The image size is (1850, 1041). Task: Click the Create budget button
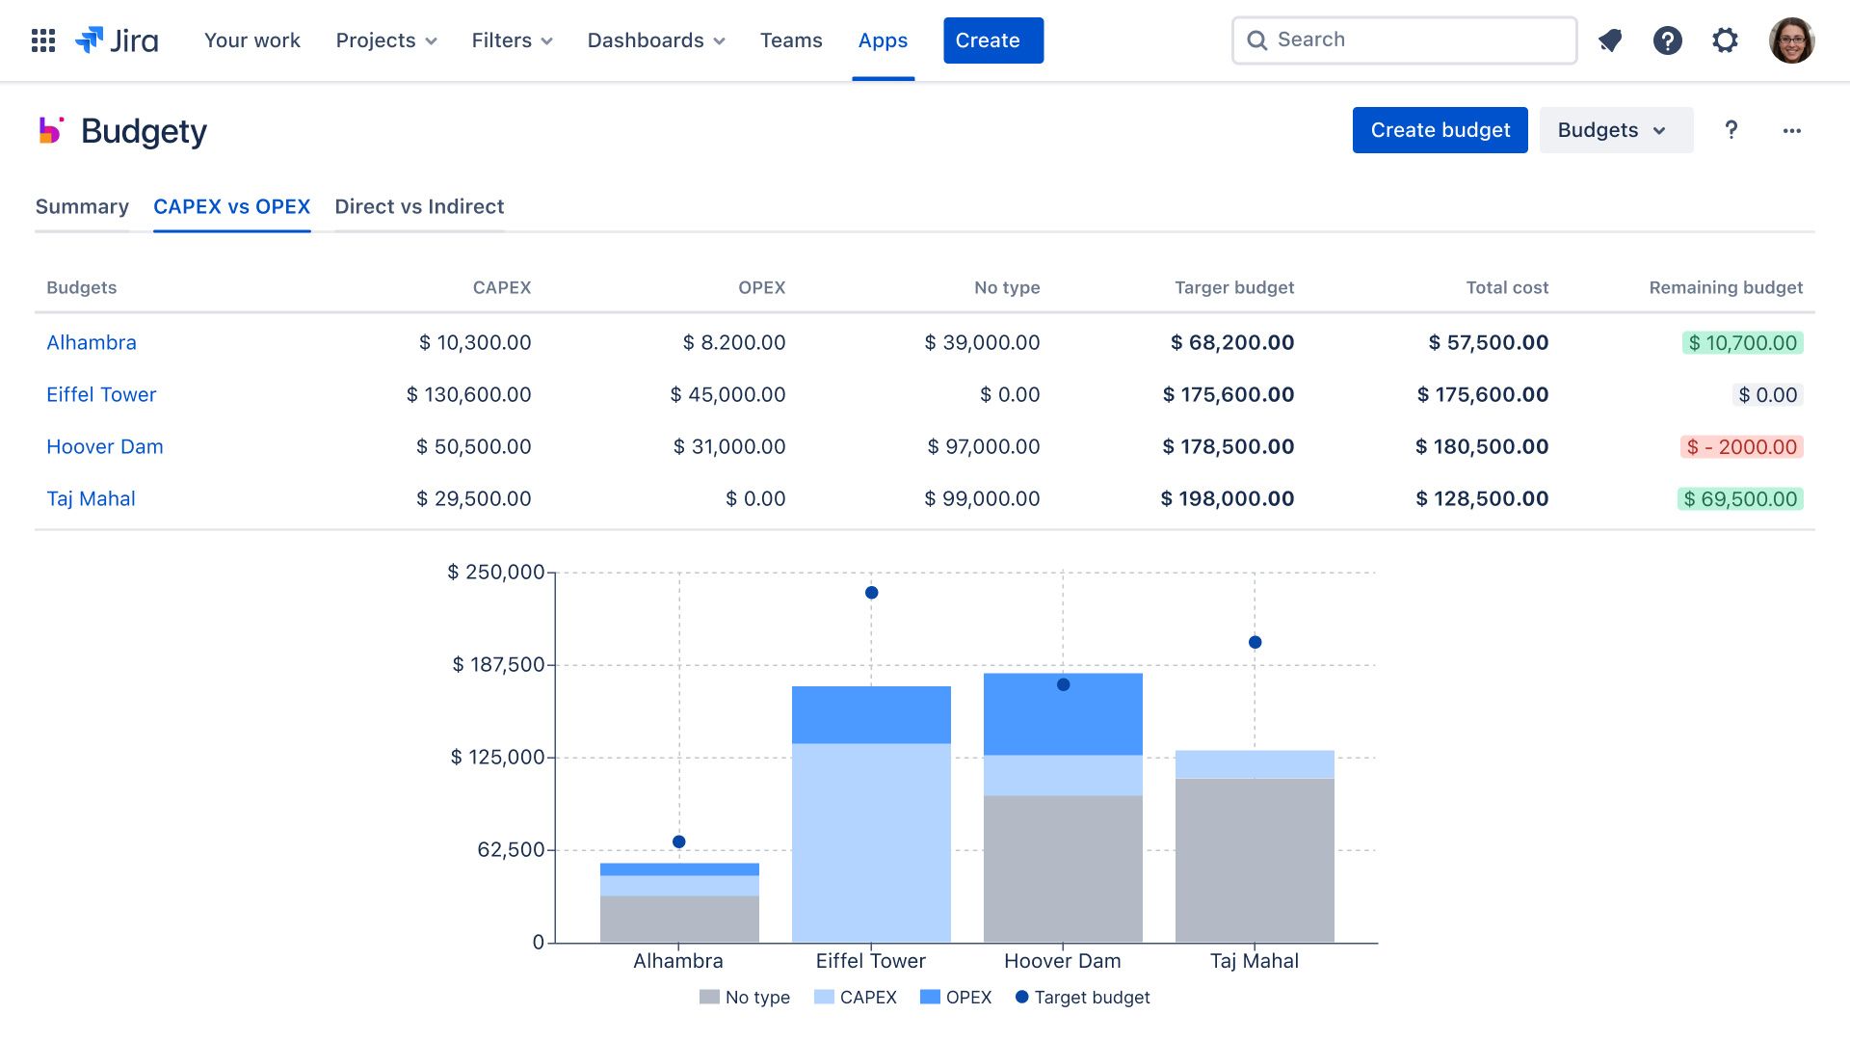coord(1440,130)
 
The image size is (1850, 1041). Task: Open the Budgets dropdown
coord(1615,130)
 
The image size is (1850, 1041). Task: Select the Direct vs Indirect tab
coord(419,206)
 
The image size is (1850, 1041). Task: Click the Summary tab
coord(82,206)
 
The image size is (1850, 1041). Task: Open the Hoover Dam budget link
coord(105,446)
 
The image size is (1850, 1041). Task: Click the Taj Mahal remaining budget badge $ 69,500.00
coord(1740,498)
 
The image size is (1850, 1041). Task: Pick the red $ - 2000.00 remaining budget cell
coord(1741,446)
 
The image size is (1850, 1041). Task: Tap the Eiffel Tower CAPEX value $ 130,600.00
coord(468,394)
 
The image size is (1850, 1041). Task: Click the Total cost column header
coord(1507,287)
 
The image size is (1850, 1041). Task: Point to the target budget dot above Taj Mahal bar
coord(1255,642)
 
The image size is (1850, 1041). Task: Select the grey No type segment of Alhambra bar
coord(679,919)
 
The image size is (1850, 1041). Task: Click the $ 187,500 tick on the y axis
coord(499,664)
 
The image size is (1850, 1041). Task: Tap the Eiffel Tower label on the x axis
coord(870,961)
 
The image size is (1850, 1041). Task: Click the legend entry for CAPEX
coord(856,998)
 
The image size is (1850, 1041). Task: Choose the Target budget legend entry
coord(1083,998)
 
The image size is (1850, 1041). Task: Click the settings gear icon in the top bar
coord(1725,40)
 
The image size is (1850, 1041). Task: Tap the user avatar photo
coord(1791,40)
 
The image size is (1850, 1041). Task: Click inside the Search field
coord(1416,40)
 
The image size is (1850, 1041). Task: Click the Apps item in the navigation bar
coord(883,40)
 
